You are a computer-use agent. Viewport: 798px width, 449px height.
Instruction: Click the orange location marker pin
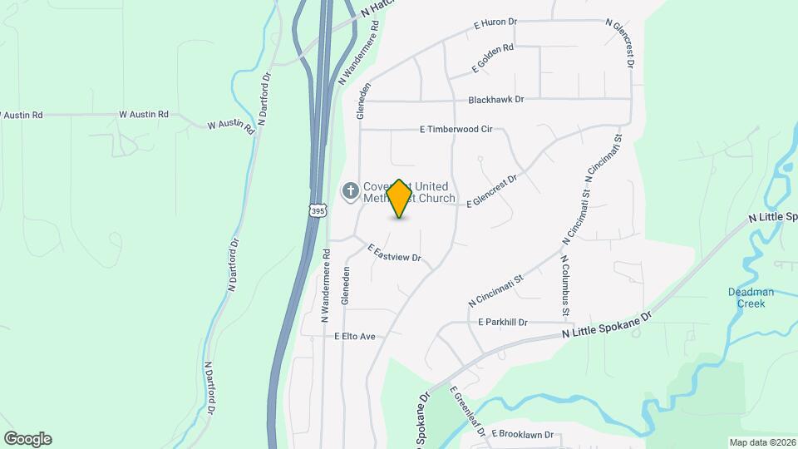coord(400,199)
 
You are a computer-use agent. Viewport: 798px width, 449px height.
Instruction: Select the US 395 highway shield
coord(318,211)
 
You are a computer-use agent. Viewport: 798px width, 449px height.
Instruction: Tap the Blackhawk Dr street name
coord(496,100)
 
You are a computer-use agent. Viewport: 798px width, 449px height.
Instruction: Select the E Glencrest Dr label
coord(492,190)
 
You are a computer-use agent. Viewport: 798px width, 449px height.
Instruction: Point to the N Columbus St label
coord(564,284)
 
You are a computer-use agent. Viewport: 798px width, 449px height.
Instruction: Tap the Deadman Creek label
coord(751,298)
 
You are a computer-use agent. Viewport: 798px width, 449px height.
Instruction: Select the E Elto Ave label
coord(355,337)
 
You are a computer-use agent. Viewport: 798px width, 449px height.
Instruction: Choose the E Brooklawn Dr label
coord(523,434)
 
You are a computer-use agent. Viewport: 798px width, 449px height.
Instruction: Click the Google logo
coord(27,439)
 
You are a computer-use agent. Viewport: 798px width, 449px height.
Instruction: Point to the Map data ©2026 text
coord(762,442)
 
